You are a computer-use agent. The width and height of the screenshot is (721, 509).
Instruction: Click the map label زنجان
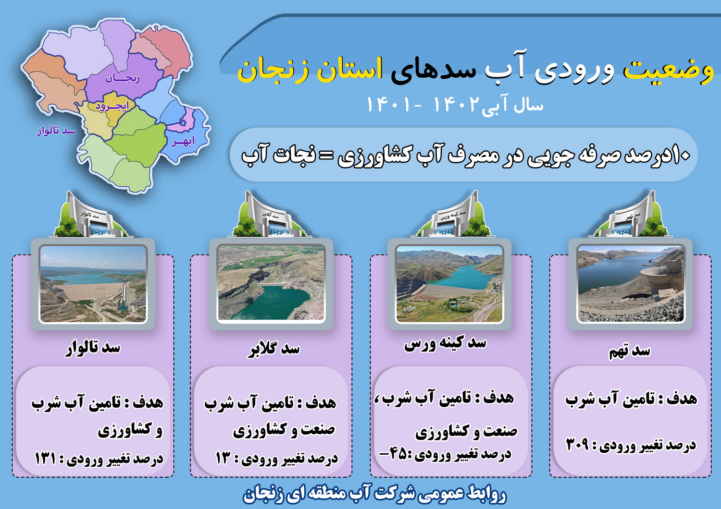[x=123, y=78]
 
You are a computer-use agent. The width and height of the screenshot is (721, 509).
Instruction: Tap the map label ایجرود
[x=112, y=106]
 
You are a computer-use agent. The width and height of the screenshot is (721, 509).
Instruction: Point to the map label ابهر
[x=183, y=142]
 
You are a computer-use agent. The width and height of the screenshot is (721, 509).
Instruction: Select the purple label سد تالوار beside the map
[x=56, y=131]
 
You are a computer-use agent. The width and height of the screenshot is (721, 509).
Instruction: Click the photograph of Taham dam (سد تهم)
[x=631, y=284]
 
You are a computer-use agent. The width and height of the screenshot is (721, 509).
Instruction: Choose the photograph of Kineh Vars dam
[x=449, y=284]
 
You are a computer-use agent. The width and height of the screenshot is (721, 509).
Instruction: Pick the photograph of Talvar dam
[x=93, y=284]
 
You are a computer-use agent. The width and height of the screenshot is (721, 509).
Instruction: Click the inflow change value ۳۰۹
[x=577, y=445]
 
